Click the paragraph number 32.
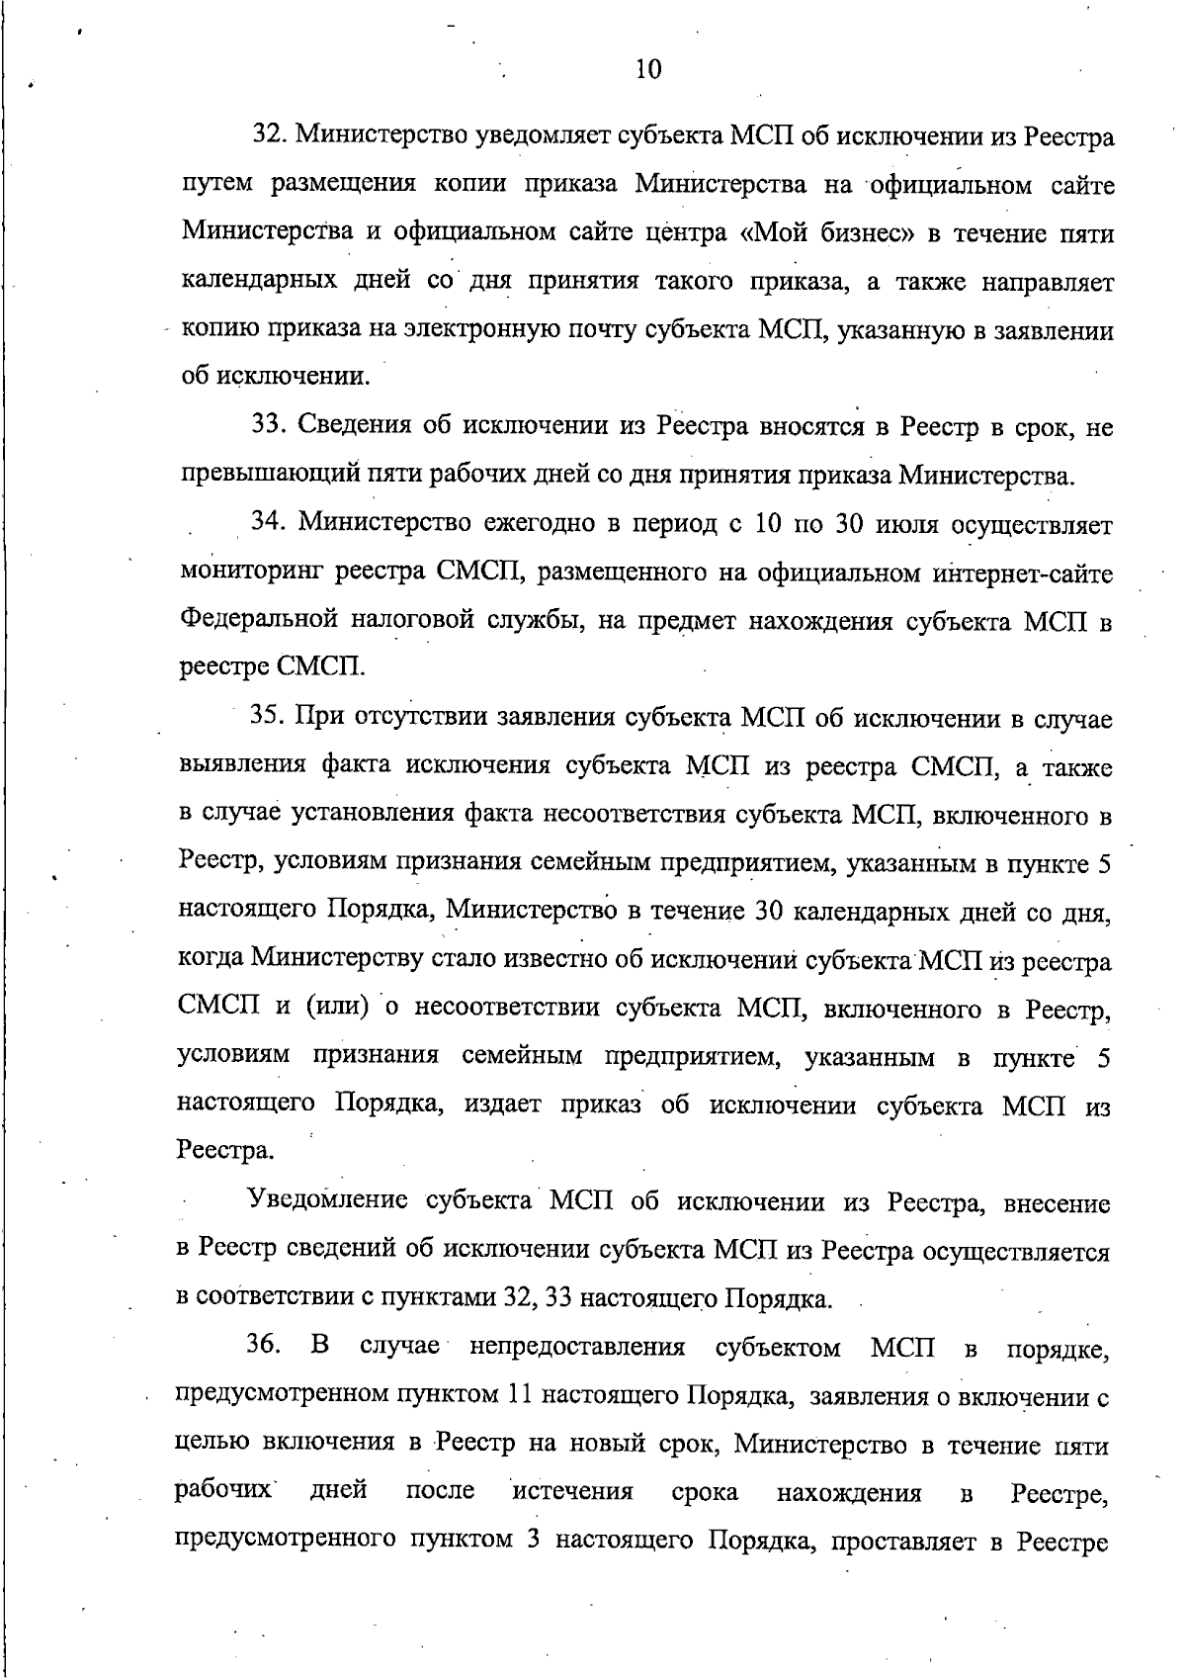click(x=270, y=135)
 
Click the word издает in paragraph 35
click(x=503, y=1105)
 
